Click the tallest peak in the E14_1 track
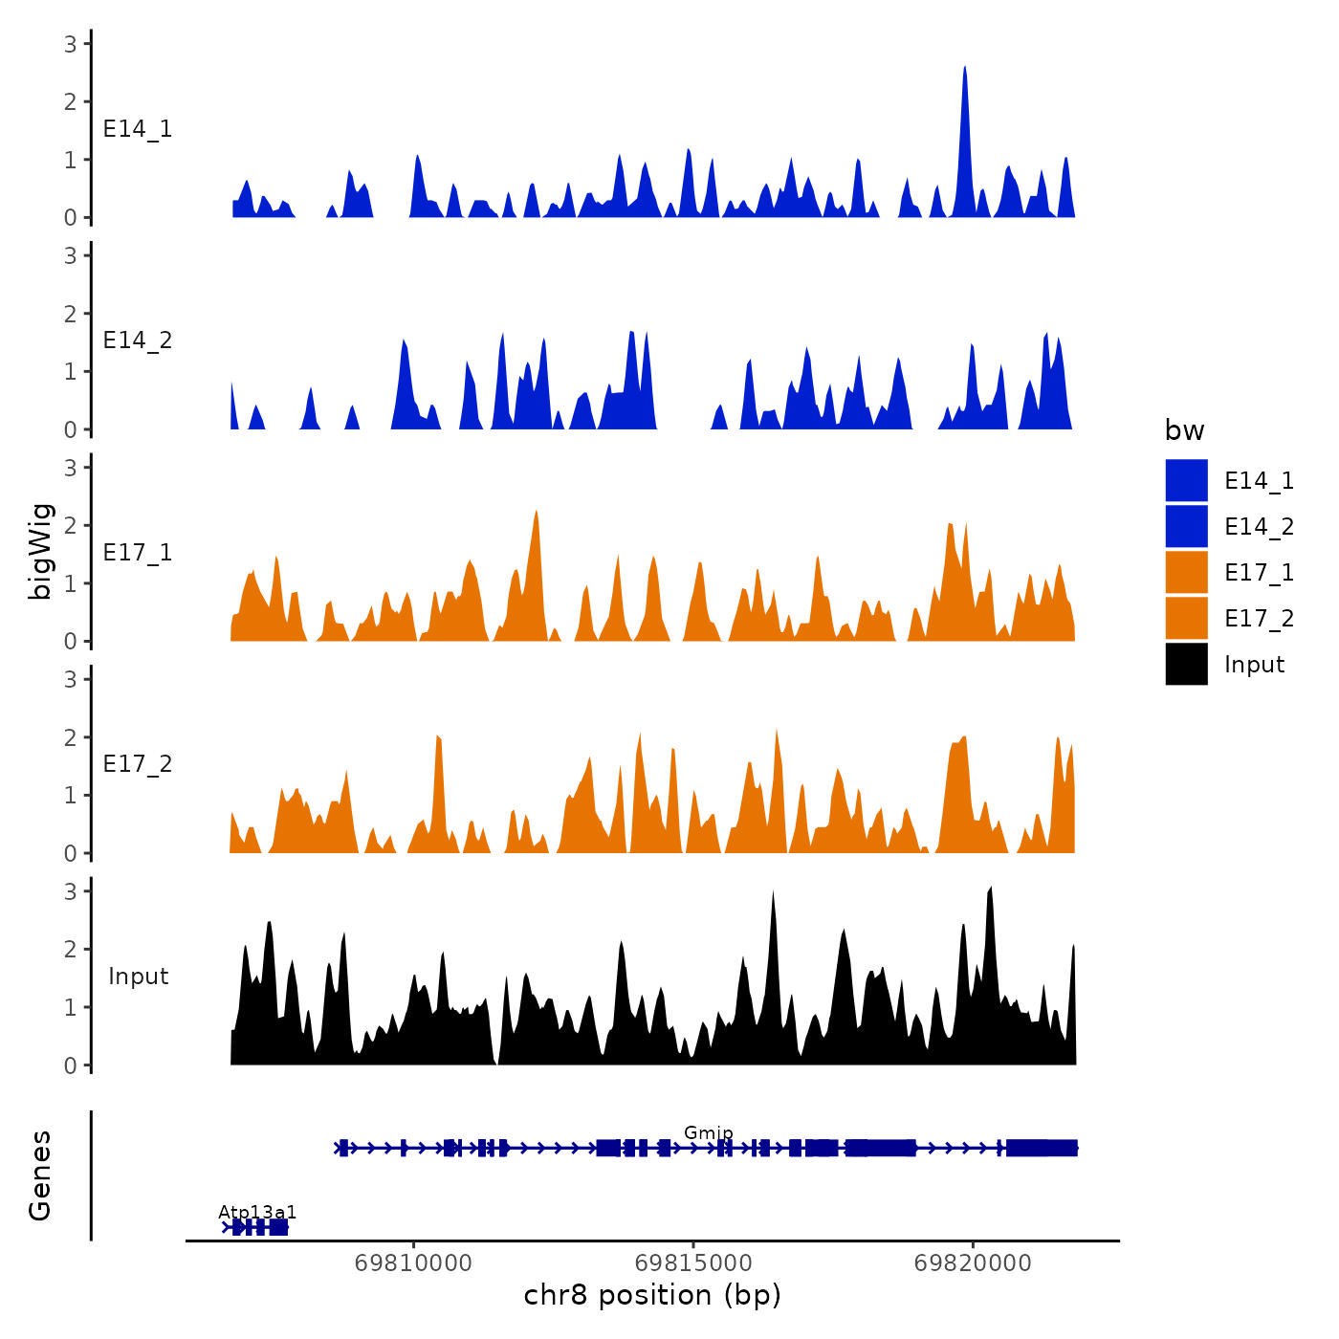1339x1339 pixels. coord(964,69)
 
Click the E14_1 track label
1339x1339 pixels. coord(138,129)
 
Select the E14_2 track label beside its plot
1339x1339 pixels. coord(138,340)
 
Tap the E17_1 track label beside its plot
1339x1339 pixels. coord(138,553)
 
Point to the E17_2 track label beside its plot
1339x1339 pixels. coord(138,764)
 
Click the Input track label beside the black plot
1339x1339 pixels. coord(138,977)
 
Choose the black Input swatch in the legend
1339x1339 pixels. coord(1186,665)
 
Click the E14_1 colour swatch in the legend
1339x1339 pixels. coord(1186,480)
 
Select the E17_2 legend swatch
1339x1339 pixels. coord(1186,619)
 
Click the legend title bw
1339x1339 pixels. coord(1184,430)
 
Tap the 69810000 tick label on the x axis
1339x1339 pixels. coord(413,1263)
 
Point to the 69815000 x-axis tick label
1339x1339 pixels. coord(693,1263)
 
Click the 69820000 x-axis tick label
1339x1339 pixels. coord(973,1263)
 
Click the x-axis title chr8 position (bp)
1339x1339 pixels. coord(652,1296)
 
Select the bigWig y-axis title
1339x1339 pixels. coord(40,552)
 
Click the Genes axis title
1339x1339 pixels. coord(40,1175)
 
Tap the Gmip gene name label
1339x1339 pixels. coord(709,1133)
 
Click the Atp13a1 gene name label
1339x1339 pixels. coord(257,1214)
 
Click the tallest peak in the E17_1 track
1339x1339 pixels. coord(537,513)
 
